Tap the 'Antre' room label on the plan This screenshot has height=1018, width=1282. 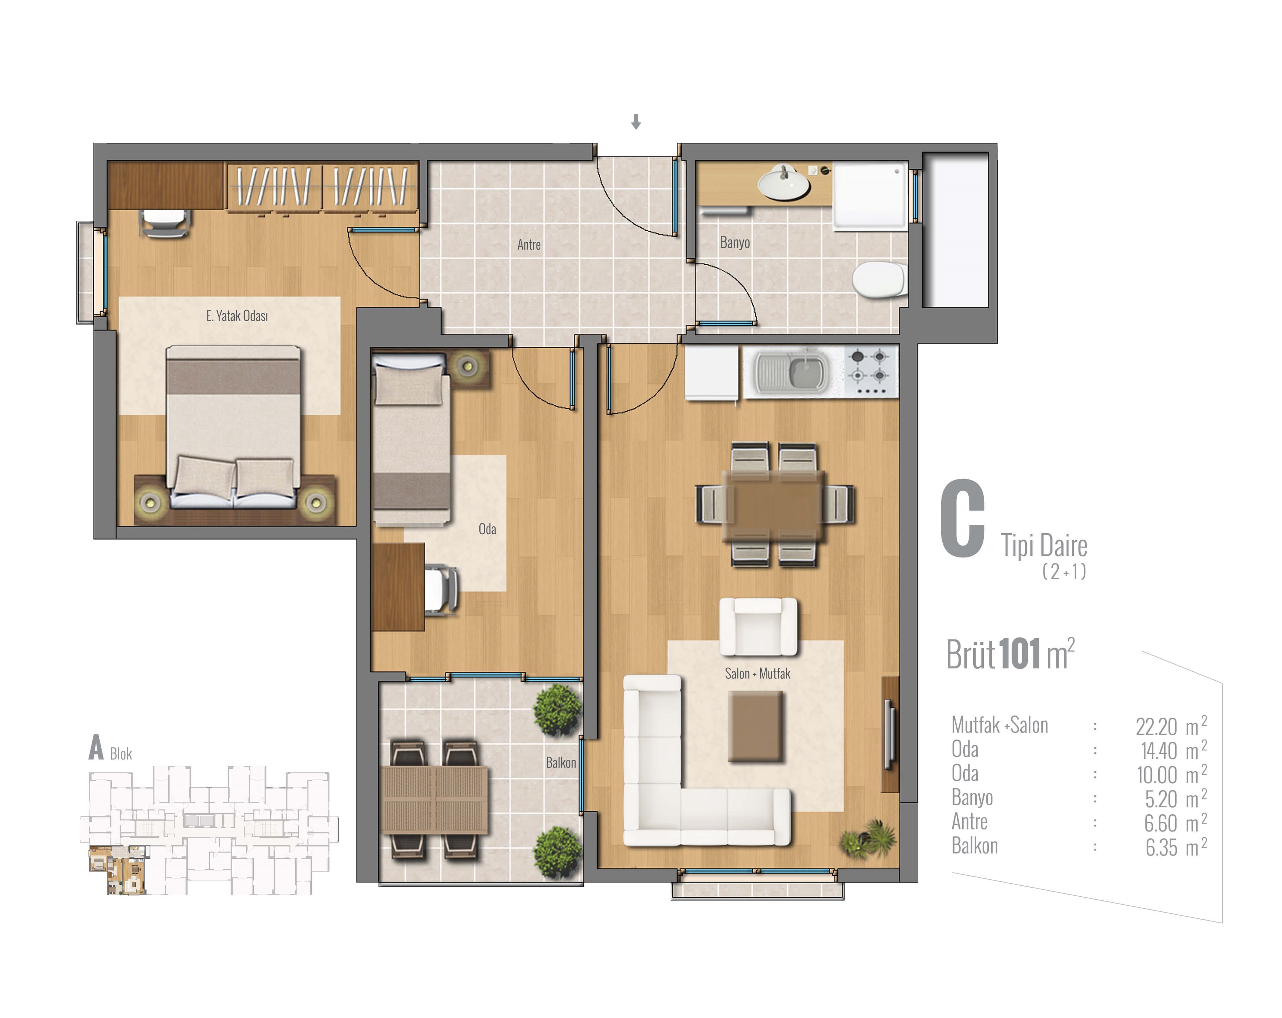tap(529, 244)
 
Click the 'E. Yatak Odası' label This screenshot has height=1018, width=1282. tap(237, 315)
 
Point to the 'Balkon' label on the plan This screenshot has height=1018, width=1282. tap(561, 762)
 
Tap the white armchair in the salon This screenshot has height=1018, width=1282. tap(758, 626)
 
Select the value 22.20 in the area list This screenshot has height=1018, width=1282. tap(1156, 726)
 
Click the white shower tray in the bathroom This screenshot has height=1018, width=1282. tap(870, 196)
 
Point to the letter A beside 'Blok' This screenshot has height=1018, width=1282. tap(96, 747)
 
